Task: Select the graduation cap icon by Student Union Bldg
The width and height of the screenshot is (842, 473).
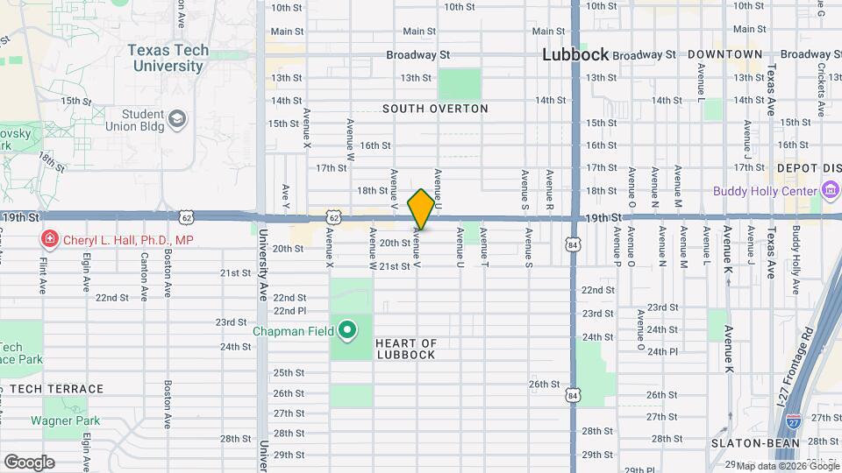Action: (177, 118)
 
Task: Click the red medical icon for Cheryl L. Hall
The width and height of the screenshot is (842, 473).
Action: (50, 239)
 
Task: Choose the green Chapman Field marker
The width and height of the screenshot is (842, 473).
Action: (347, 330)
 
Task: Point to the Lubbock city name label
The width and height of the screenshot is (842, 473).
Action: (574, 54)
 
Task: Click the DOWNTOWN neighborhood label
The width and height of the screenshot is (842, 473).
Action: (724, 54)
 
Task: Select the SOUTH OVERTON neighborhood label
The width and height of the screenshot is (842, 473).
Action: (435, 109)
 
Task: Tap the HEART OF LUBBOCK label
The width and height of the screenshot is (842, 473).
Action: (406, 349)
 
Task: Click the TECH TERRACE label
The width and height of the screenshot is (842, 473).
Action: (56, 389)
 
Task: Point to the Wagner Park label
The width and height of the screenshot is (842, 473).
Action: (65, 420)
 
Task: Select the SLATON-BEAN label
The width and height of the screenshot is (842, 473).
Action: (754, 443)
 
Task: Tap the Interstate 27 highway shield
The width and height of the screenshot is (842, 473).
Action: (794, 421)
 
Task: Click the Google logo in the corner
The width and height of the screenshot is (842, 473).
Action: (28, 462)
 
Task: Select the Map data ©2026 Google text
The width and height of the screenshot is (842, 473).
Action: (788, 466)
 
